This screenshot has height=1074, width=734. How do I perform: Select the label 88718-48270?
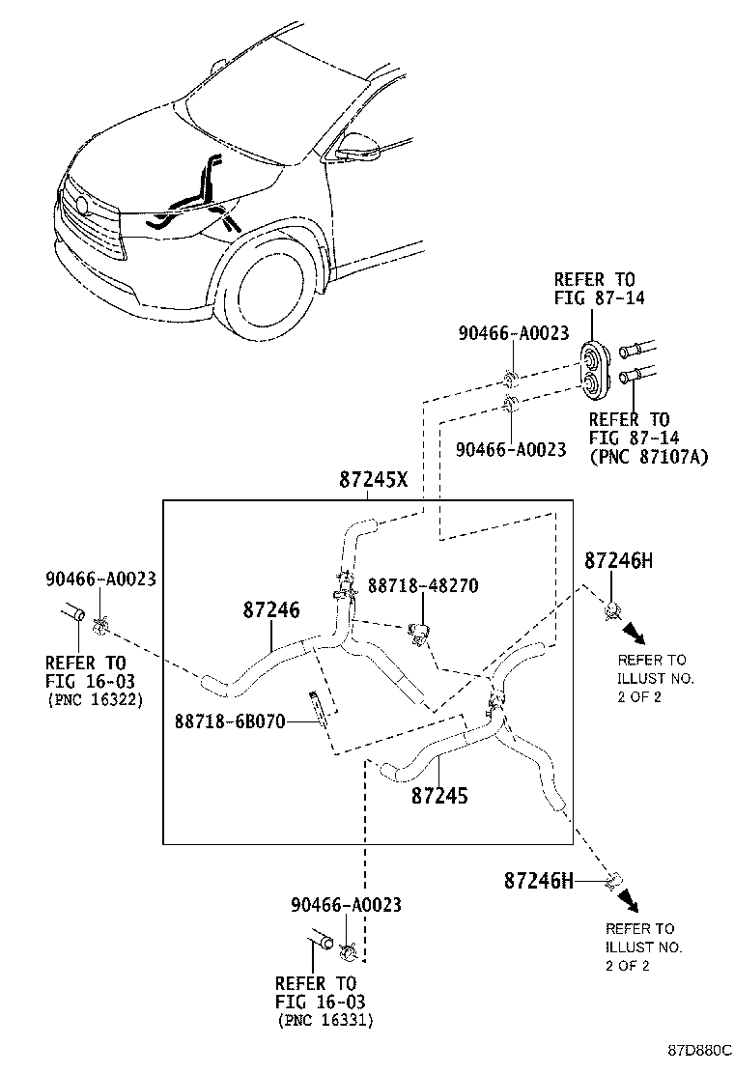[422, 585]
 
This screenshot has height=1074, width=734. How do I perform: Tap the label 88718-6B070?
[230, 721]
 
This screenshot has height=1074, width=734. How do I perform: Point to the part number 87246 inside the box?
[270, 609]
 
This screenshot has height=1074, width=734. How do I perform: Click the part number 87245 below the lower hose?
[439, 795]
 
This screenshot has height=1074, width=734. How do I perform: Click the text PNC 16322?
[95, 700]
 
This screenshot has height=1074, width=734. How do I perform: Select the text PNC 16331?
[325, 1020]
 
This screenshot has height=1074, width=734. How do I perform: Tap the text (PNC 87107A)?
[649, 457]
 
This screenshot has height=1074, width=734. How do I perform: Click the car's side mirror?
[353, 145]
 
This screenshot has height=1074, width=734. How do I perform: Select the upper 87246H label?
[619, 561]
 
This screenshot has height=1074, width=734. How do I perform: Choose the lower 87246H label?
[538, 880]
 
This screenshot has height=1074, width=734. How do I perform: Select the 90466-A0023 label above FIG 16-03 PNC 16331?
[346, 905]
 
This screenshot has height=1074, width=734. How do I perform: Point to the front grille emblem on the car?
[83, 206]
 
